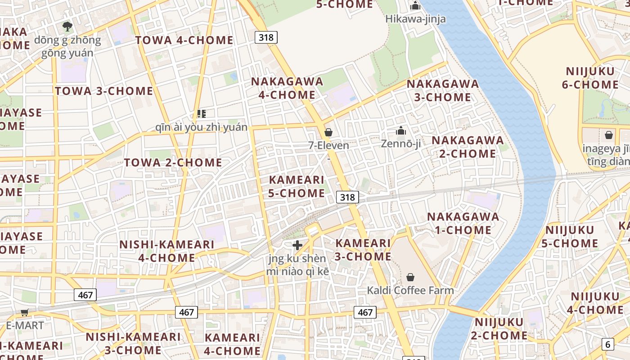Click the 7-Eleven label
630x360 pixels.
pyautogui.click(x=328, y=145)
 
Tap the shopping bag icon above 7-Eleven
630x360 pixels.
pyautogui.click(x=328, y=132)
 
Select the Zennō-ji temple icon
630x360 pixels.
pyautogui.click(x=400, y=131)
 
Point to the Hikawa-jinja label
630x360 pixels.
pyautogui.click(x=415, y=19)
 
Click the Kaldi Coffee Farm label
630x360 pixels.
pyautogui.click(x=410, y=290)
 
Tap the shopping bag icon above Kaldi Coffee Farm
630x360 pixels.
pyautogui.click(x=410, y=277)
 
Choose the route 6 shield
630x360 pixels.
pyautogui.click(x=607, y=344)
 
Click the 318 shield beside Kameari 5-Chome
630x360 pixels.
pyautogui.click(x=347, y=197)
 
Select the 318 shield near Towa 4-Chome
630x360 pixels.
pyautogui.click(x=266, y=37)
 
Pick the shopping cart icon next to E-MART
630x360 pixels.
pyautogui.click(x=25, y=312)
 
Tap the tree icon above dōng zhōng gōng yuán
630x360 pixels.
pyautogui.click(x=67, y=27)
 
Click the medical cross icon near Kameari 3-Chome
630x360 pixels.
pyautogui.click(x=297, y=245)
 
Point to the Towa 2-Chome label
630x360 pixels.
pyautogui.click(x=173, y=162)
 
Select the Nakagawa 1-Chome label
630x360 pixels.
pyautogui.click(x=463, y=223)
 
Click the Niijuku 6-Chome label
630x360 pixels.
pyautogui.click(x=589, y=78)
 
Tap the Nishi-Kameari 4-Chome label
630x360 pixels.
pyautogui.click(x=166, y=251)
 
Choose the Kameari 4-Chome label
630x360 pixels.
pyautogui.click(x=232, y=344)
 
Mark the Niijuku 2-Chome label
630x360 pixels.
pyautogui.click(x=499, y=328)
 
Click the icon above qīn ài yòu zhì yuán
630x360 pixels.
pyautogui.click(x=201, y=114)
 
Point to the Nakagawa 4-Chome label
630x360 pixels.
pyautogui.click(x=287, y=88)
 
